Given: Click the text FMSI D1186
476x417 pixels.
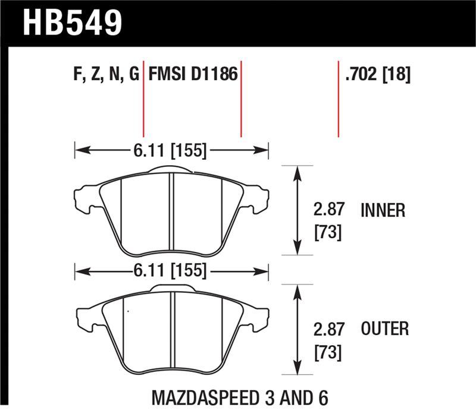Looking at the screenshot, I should pos(193,75).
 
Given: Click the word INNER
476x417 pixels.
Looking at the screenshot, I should pos(383,210).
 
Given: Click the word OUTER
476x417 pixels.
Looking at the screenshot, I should pos(384,328).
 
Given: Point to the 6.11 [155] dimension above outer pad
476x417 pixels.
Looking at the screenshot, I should pos(171,271).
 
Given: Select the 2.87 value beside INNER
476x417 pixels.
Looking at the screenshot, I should pos(328,210).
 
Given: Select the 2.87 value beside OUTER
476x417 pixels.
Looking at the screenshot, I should pos(328,328).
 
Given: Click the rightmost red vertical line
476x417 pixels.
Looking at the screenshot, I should pos(339,98).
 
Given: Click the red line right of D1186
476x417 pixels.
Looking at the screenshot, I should pos(241,101).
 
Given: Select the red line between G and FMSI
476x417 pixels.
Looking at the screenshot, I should pos(143,101).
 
